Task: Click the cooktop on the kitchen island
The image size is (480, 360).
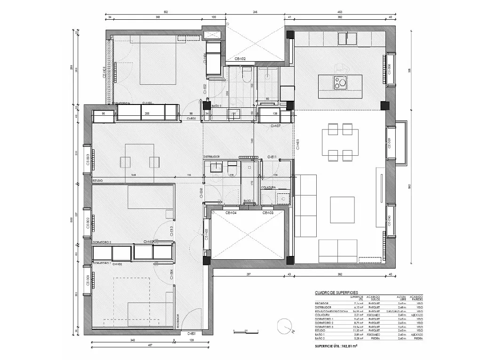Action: (x=340, y=83)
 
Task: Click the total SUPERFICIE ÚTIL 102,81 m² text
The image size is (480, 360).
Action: (x=336, y=346)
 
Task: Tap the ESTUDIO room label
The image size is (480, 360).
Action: (x=97, y=180)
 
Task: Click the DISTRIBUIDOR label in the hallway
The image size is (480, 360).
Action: (x=212, y=156)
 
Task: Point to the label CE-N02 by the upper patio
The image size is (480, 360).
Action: (x=240, y=59)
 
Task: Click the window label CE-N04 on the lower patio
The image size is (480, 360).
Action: (x=231, y=213)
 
